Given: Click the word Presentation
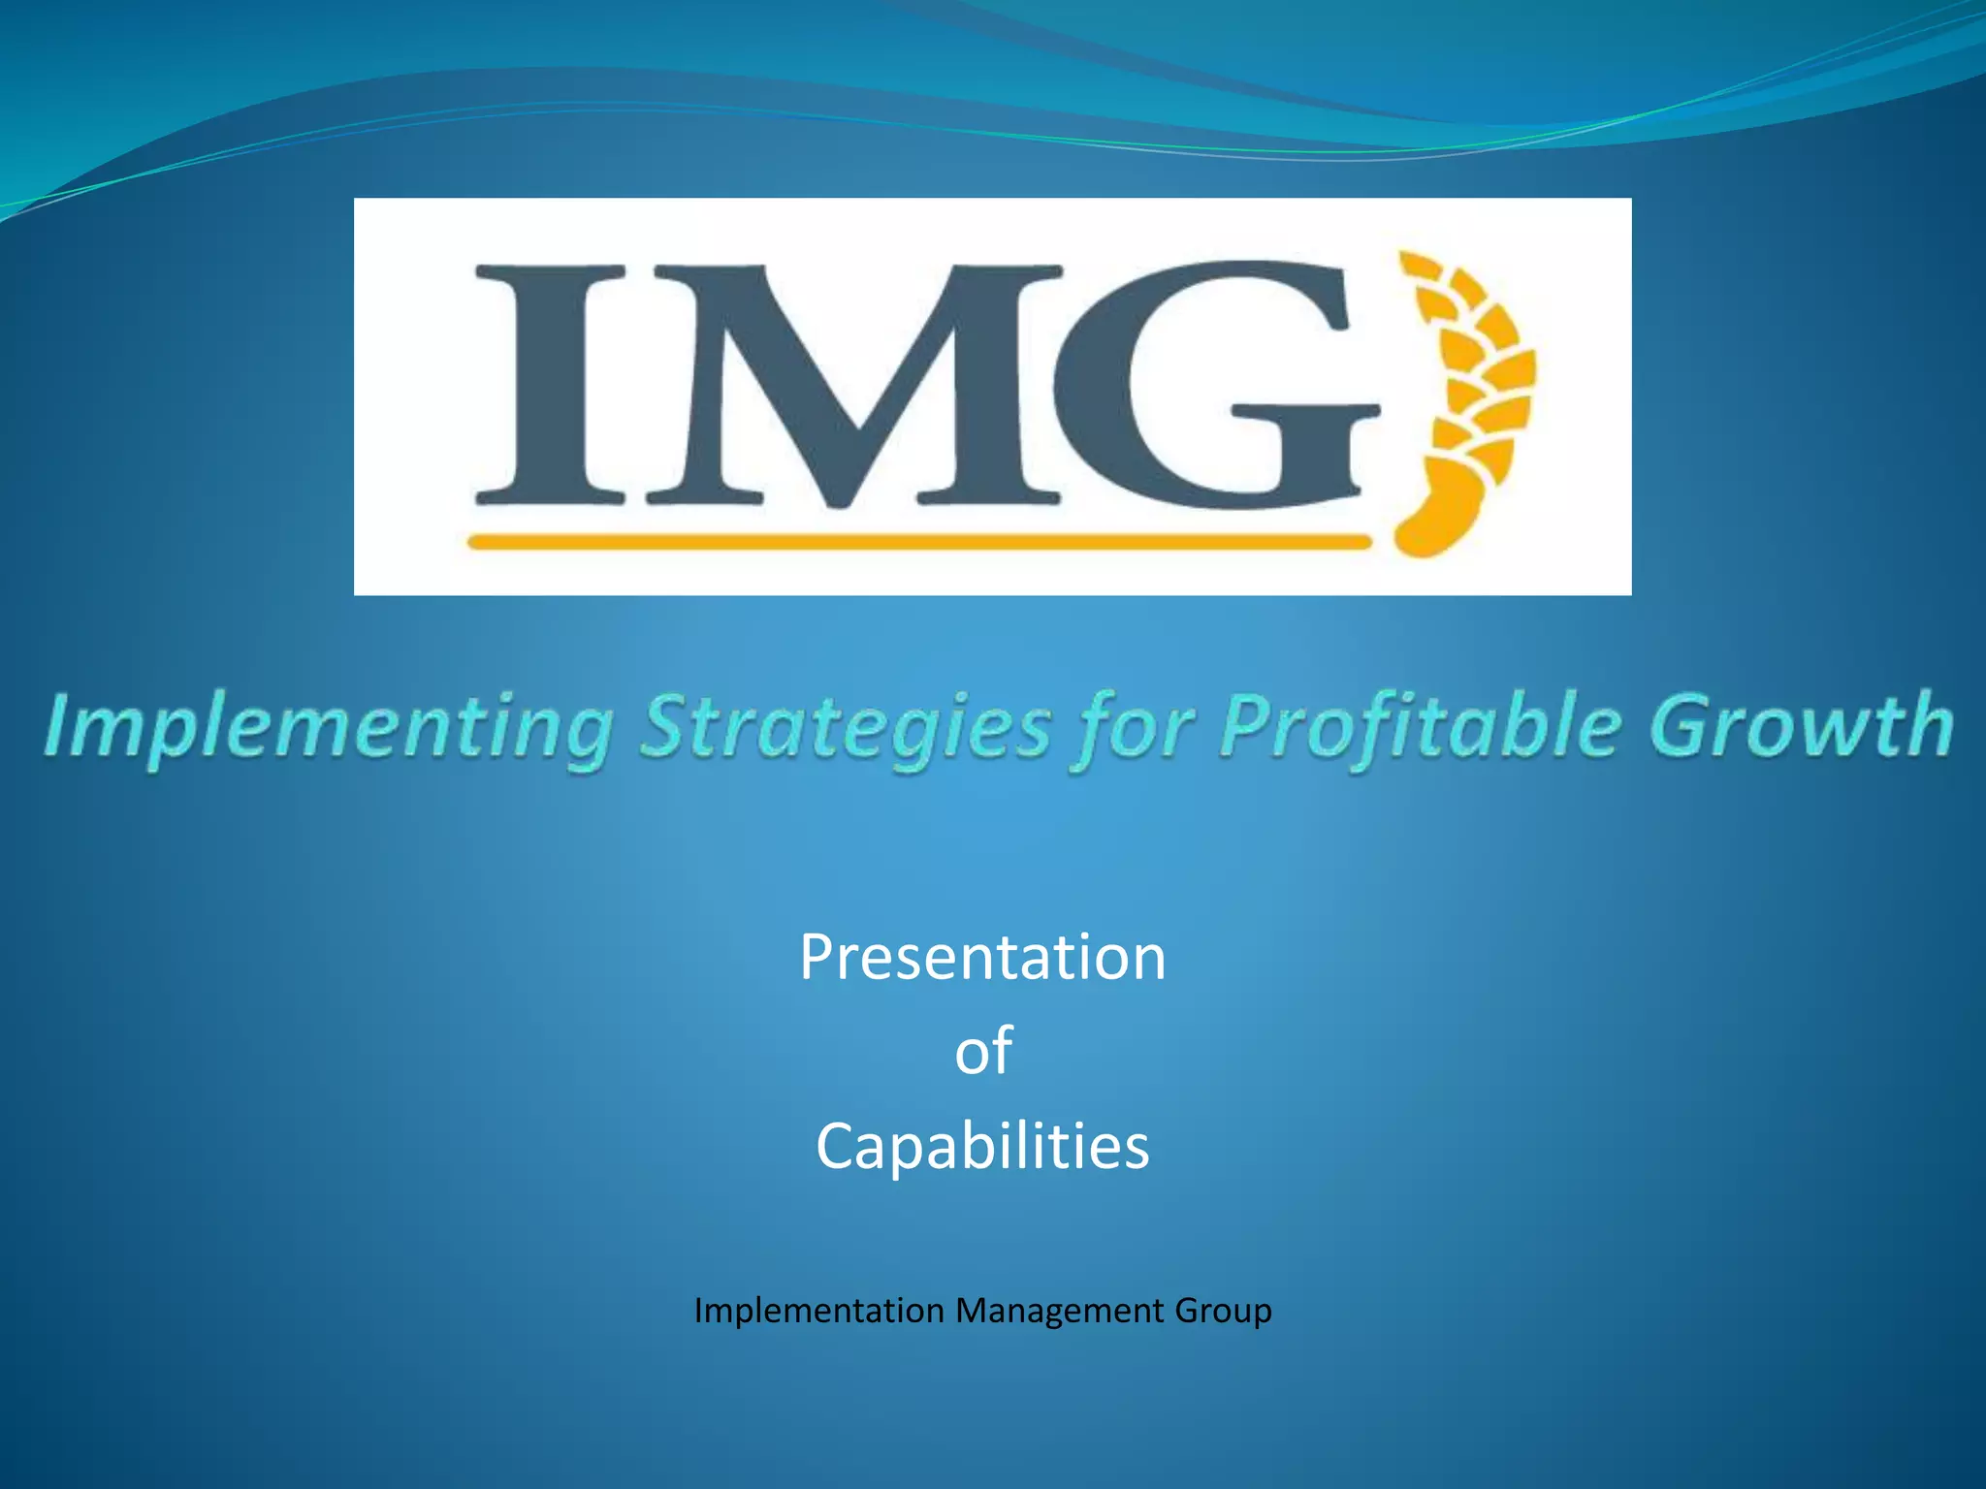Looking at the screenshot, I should pyautogui.click(x=982, y=958).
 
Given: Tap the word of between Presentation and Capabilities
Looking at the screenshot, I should pyautogui.click(x=982, y=1052).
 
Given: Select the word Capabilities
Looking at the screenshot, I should pyautogui.click(x=982, y=1146).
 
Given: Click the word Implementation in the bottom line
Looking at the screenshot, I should pyautogui.click(x=819, y=1311).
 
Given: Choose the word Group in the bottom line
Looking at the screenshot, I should pyautogui.click(x=1223, y=1311).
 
